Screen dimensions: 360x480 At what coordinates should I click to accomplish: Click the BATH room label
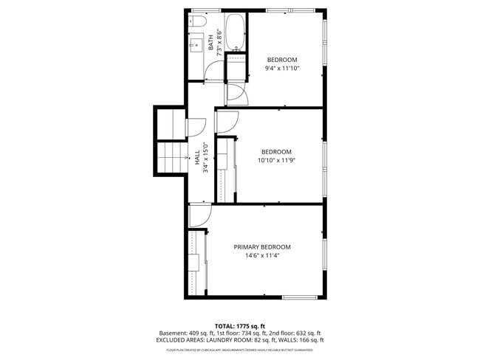coord(210,42)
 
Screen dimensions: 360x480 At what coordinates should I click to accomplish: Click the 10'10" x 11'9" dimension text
coord(276,161)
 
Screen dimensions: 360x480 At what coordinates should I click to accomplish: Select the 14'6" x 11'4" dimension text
coord(262,257)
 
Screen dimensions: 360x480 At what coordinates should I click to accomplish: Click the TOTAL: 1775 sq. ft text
coord(239,325)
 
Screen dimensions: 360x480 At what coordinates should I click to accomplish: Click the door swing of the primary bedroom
coord(200,216)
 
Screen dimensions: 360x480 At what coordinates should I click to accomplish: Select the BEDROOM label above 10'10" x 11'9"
coord(276,151)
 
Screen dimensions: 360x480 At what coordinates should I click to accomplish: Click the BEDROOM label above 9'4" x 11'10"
coord(281,60)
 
